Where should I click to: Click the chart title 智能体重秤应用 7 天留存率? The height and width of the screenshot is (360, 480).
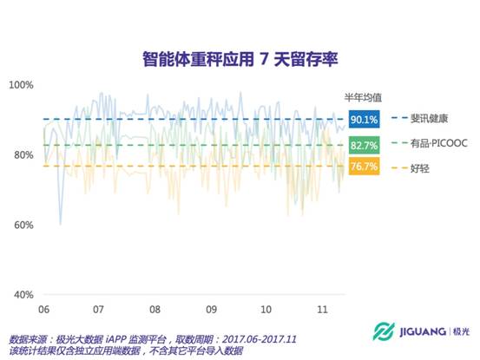[x=240, y=59]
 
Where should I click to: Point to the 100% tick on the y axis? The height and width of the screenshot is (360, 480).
[x=21, y=85]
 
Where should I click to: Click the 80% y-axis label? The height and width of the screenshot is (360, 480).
[x=23, y=155]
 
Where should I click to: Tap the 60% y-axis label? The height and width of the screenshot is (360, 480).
[x=23, y=226]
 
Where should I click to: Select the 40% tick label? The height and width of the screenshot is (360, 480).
[x=23, y=295]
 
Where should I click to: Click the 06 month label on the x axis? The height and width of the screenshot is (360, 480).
[x=43, y=310]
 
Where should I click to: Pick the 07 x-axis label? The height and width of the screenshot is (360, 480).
[x=98, y=310]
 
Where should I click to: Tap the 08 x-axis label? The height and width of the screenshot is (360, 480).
[x=155, y=310]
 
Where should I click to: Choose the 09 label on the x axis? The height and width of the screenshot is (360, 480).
[x=211, y=310]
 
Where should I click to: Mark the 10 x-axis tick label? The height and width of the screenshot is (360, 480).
[x=266, y=310]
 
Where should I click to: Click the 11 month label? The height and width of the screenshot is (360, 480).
[x=322, y=310]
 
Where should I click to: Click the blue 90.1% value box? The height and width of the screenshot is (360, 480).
[x=364, y=119]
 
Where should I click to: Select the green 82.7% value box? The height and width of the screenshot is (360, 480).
[x=364, y=145]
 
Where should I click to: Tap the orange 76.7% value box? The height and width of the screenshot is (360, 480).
[x=364, y=166]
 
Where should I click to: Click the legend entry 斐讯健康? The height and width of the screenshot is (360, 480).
[x=420, y=118]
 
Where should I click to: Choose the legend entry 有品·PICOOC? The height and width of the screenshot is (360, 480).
[x=430, y=143]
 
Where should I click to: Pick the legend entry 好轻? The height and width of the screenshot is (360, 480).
[x=411, y=168]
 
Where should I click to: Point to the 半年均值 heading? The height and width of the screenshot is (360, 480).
[x=363, y=97]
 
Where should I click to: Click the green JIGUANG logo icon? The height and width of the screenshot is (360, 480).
[x=384, y=331]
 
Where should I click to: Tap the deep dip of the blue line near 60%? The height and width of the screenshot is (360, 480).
[x=60, y=224]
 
